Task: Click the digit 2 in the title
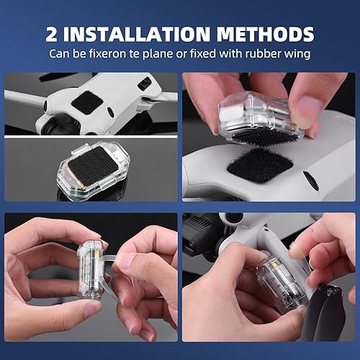click(51, 34)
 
